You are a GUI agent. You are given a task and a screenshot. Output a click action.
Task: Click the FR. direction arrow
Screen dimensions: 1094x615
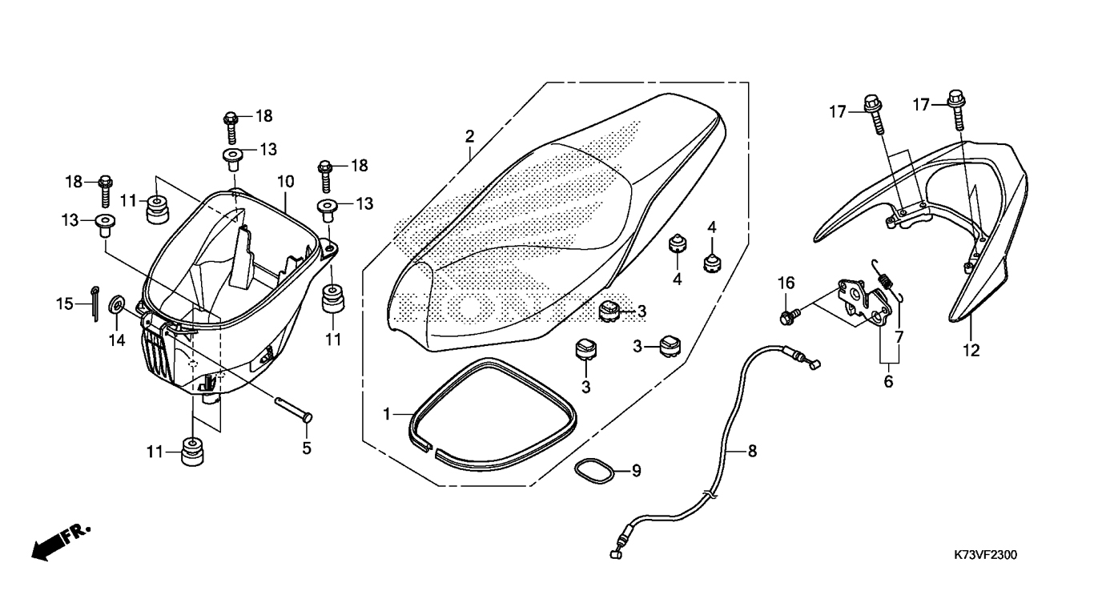(61, 542)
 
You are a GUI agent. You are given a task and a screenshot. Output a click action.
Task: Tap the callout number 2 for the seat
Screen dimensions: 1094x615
(469, 136)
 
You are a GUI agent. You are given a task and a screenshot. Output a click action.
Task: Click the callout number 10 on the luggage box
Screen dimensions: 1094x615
(286, 182)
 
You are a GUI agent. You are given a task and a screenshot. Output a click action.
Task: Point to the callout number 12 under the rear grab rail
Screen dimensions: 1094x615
(971, 350)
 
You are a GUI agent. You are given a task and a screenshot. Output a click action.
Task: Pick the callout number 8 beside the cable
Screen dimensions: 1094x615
(752, 451)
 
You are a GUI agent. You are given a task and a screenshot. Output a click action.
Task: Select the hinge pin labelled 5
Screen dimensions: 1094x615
(293, 408)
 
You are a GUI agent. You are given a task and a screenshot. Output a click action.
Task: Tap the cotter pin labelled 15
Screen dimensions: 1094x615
(95, 303)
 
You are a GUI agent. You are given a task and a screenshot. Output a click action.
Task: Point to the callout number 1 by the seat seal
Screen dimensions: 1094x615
(387, 414)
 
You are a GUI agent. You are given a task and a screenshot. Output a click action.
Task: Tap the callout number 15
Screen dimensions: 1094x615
(64, 303)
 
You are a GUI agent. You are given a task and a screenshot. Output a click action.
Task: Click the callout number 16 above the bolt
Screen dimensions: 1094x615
(786, 283)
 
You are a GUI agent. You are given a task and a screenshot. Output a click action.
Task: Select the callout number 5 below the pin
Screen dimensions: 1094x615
(306, 448)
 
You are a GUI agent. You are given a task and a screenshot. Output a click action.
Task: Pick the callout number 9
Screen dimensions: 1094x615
(636, 471)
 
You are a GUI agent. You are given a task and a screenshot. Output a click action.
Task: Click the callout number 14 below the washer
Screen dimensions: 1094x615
(117, 340)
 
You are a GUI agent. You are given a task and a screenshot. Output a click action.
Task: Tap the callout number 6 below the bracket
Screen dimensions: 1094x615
(888, 381)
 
